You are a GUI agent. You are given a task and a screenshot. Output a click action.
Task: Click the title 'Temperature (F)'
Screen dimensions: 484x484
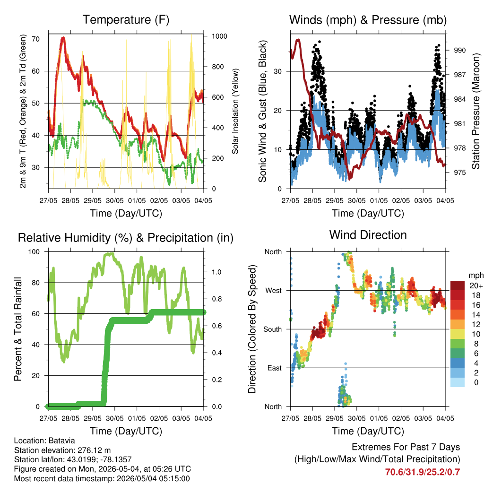126,20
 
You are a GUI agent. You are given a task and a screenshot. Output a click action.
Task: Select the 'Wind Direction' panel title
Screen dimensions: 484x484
368,235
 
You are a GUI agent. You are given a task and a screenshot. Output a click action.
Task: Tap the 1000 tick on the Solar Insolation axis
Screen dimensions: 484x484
219,36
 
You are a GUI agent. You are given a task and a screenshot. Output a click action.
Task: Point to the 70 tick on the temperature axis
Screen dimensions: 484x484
36,39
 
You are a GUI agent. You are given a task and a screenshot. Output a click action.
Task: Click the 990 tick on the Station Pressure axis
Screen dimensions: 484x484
459,50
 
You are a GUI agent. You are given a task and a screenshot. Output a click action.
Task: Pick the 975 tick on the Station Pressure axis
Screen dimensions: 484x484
459,172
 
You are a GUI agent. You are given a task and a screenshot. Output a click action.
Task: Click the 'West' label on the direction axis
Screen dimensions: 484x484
274,291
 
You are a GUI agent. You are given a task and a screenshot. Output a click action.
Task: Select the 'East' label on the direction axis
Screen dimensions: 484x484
275,368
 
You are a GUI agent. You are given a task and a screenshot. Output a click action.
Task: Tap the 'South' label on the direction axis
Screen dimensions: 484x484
273,329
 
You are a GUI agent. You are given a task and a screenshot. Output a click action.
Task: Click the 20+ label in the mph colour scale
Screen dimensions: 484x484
476,285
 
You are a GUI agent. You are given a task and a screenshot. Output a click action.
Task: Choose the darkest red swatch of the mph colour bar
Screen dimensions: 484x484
458,285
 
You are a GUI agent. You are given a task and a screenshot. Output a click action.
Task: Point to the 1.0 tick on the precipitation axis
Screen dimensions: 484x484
216,272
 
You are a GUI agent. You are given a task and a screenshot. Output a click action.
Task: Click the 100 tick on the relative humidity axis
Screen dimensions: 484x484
34,251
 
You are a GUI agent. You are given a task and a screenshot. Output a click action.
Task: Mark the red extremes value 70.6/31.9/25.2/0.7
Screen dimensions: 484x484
423,472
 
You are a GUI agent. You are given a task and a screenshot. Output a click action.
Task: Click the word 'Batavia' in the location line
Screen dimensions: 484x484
62,441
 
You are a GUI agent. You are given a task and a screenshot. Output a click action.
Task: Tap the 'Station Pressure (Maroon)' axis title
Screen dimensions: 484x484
475,111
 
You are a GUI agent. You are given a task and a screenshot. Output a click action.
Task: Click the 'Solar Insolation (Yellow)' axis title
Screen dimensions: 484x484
235,111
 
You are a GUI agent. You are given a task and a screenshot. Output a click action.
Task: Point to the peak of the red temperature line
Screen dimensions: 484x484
63,38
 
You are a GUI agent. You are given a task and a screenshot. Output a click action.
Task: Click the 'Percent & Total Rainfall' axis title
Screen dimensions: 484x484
18,329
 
